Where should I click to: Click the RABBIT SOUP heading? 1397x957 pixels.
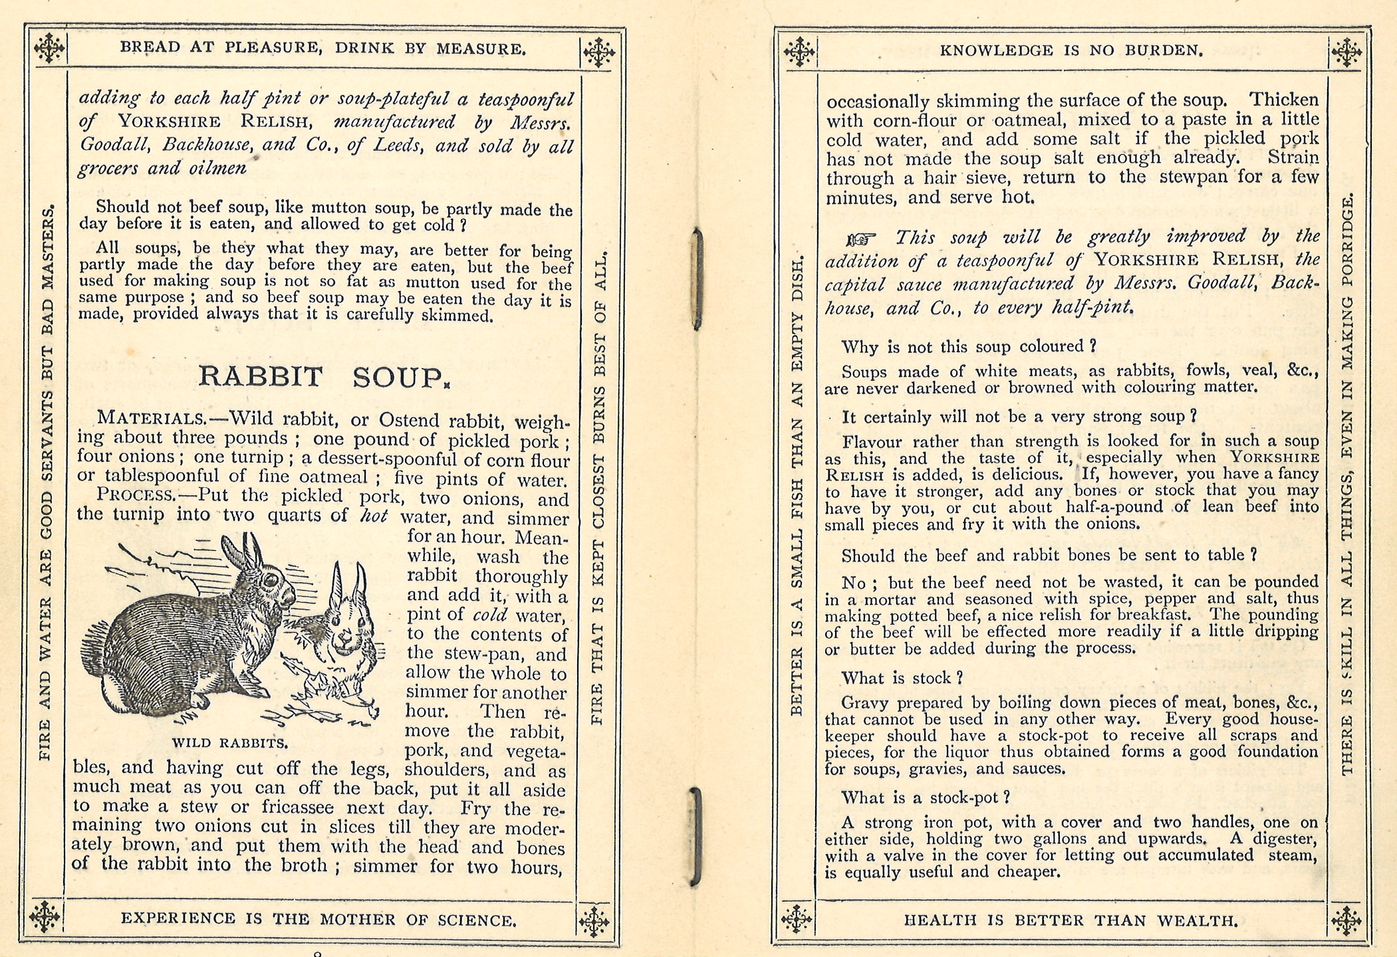click(x=324, y=377)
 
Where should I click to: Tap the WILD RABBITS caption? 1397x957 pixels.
click(x=229, y=743)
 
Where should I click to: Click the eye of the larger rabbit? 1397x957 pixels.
click(x=269, y=580)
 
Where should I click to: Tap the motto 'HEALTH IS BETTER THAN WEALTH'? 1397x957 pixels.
click(x=1071, y=920)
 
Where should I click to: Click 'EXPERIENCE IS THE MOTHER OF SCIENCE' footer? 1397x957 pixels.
click(x=318, y=919)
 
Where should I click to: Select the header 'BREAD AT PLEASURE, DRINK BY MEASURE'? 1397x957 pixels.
click(x=322, y=48)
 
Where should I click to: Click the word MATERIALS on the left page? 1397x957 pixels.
click(x=151, y=419)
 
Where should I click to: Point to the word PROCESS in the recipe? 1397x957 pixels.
click(x=135, y=495)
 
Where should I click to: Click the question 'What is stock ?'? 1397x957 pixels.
click(x=902, y=678)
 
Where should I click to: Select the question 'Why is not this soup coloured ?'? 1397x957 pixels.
click(x=968, y=347)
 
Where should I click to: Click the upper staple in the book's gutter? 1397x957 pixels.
click(x=696, y=279)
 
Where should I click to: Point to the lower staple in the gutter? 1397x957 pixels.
click(x=695, y=836)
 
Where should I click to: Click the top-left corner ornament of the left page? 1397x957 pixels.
click(x=49, y=48)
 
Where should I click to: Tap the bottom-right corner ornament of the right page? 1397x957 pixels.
click(x=1346, y=921)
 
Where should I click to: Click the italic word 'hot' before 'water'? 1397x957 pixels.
click(x=373, y=516)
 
